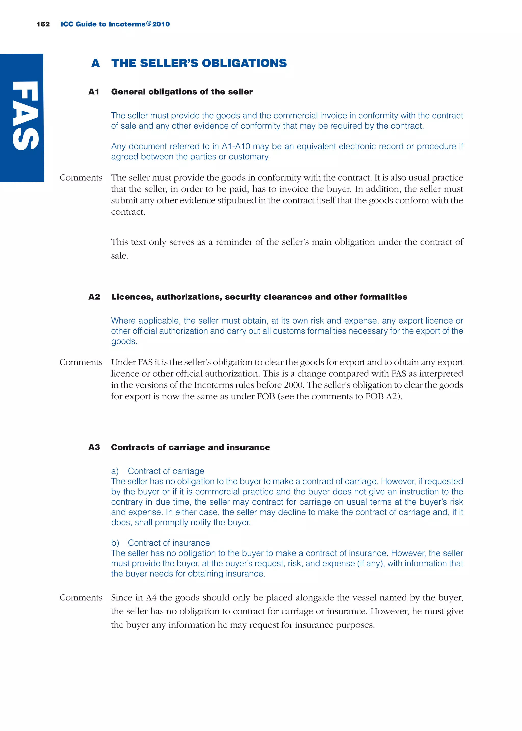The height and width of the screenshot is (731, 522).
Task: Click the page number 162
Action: point(43,24)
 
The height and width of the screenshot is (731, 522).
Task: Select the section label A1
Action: point(94,92)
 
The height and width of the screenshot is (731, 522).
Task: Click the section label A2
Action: point(94,297)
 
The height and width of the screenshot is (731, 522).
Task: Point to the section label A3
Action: point(94,447)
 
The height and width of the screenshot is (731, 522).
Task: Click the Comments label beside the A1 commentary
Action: point(81,178)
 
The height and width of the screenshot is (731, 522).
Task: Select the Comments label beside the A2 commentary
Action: point(81,362)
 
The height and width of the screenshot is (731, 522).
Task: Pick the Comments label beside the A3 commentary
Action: point(81,598)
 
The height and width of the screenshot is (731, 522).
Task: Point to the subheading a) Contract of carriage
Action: point(158,471)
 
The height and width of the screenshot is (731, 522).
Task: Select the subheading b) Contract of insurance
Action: point(160,543)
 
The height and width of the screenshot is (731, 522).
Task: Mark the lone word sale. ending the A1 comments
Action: point(120,256)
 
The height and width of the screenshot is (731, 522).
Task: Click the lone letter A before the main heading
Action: point(96,63)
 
